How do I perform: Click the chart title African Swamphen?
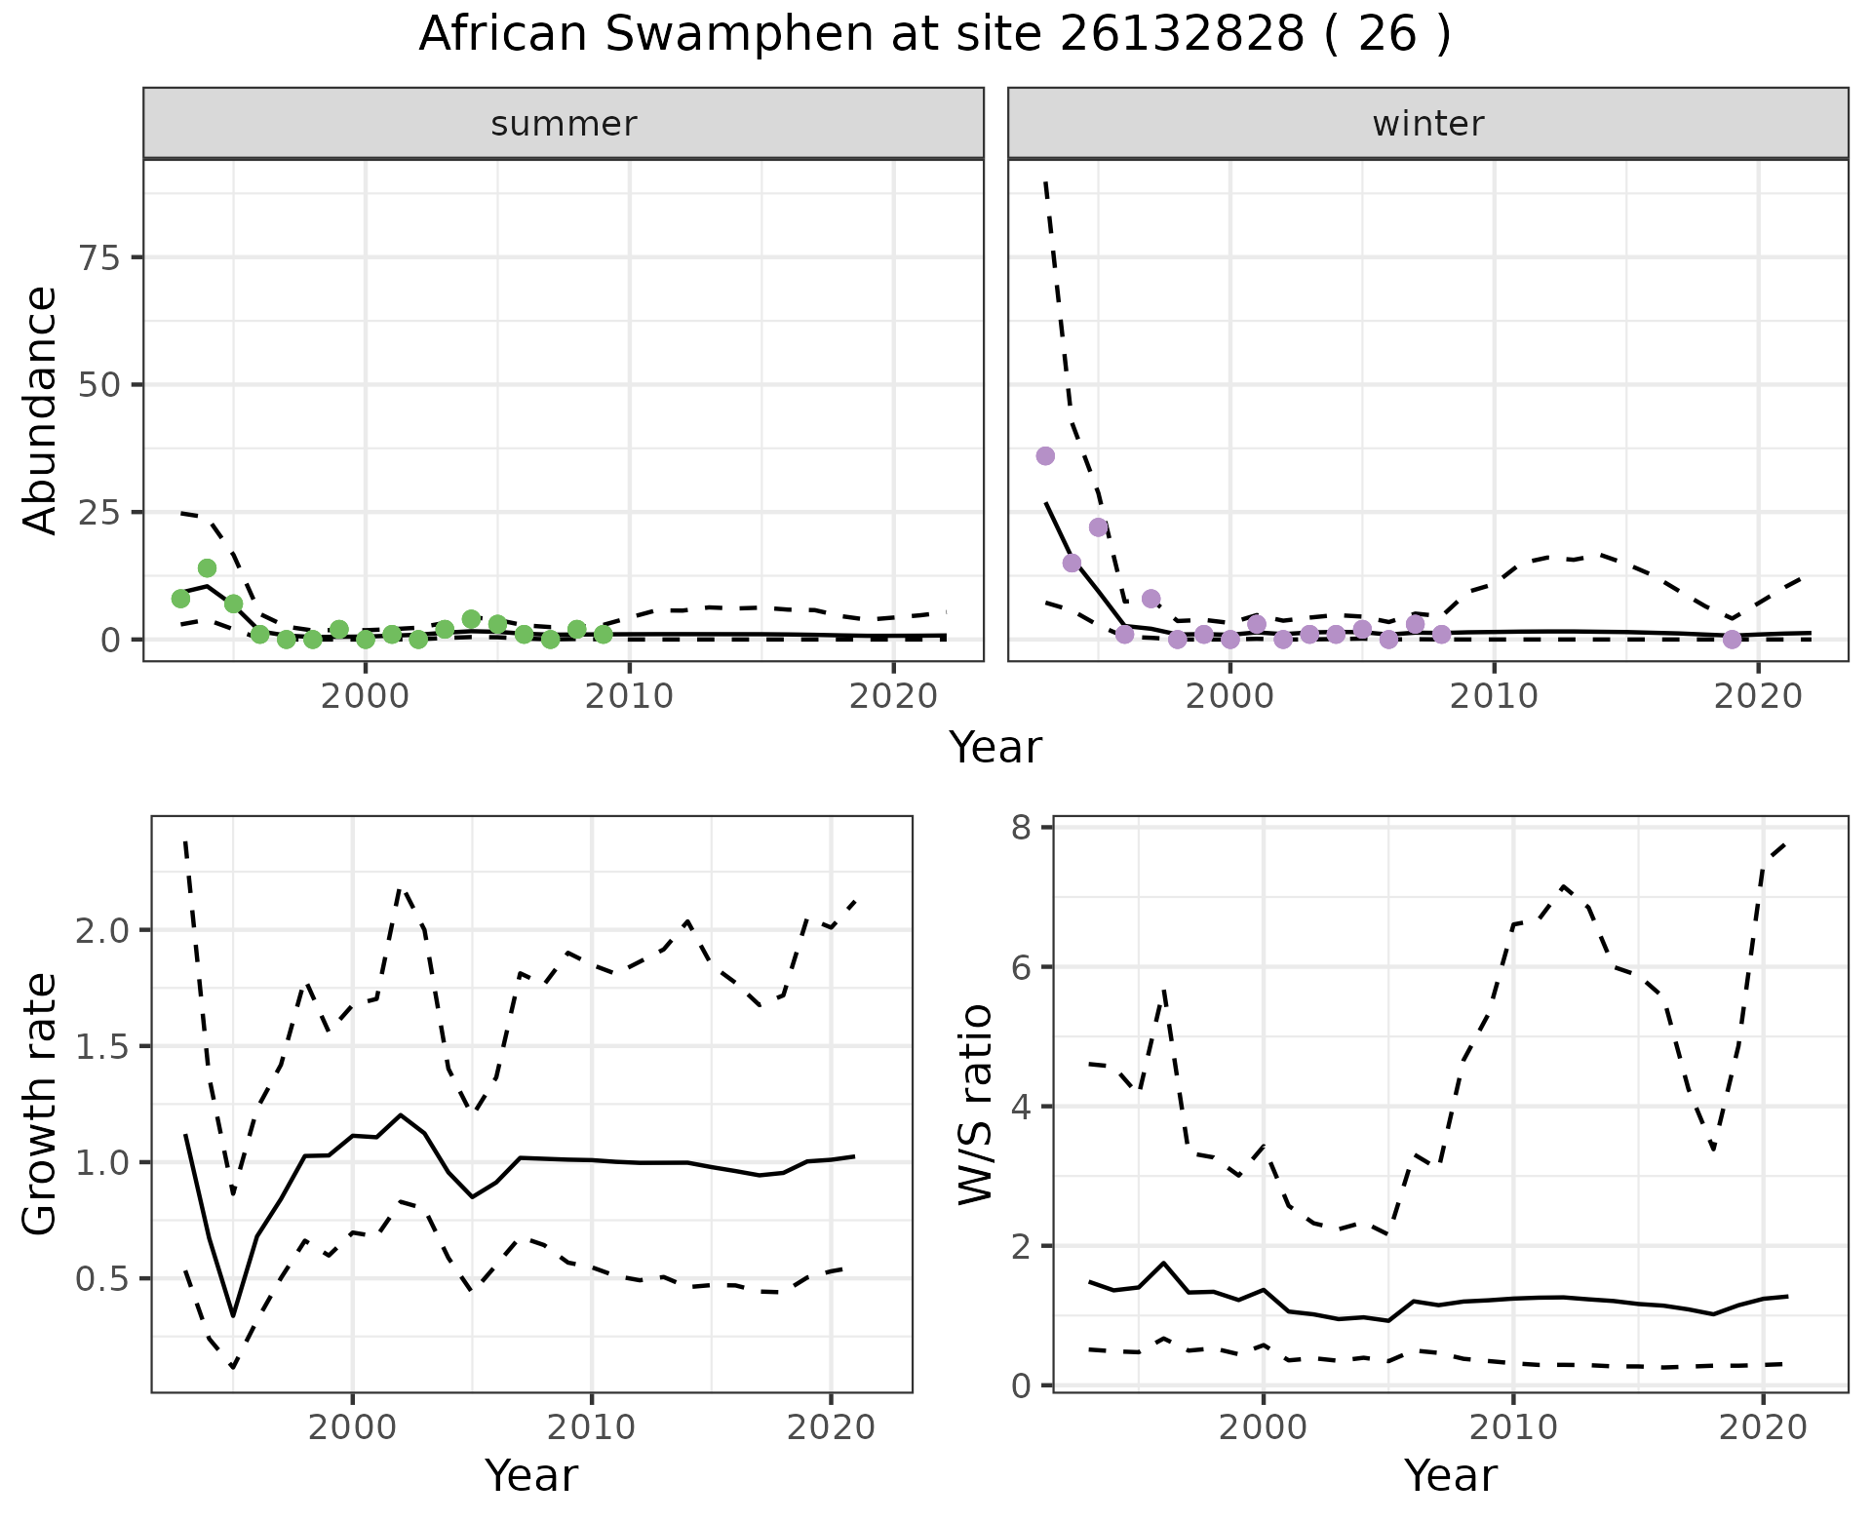[934, 35]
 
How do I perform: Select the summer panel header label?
[564, 124]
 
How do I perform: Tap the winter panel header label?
[1427, 124]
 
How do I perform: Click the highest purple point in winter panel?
[1045, 455]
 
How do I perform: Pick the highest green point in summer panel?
[207, 567]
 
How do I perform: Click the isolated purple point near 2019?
[1732, 640]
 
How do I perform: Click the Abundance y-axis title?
[41, 409]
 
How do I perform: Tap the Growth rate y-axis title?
[41, 1105]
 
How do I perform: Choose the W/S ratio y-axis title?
[975, 1105]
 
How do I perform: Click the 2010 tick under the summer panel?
[630, 696]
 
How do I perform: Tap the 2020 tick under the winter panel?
[1758, 696]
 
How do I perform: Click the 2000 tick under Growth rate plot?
[352, 1427]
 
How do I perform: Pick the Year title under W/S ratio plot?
[1450, 1475]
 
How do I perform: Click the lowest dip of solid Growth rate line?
[233, 1315]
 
